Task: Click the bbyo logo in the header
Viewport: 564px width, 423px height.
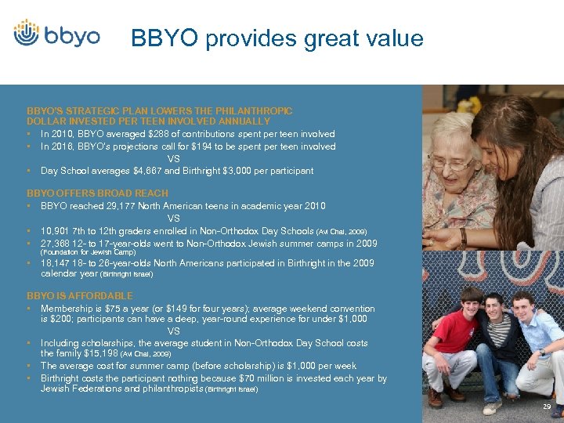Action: (56, 35)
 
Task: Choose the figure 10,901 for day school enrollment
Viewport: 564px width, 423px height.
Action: (55, 231)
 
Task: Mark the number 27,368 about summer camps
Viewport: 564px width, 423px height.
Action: (55, 244)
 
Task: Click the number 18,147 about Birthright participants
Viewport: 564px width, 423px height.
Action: (55, 264)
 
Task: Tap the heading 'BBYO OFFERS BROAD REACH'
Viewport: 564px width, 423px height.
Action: (97, 193)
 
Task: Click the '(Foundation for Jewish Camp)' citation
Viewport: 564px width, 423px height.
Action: (88, 252)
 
